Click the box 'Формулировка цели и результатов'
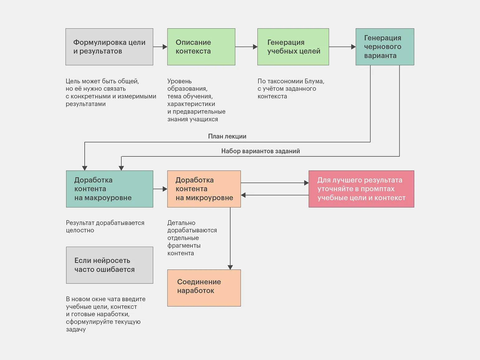pyautogui.click(x=109, y=47)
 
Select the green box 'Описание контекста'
pyautogui.click(x=201, y=47)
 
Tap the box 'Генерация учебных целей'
pyautogui.click(x=293, y=47)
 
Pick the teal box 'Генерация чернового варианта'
pyautogui.click(x=385, y=47)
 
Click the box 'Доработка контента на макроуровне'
pyautogui.click(x=109, y=189)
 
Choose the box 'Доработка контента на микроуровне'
pyautogui.click(x=204, y=189)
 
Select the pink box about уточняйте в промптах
pyautogui.click(x=361, y=189)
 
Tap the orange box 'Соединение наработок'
pyautogui.click(x=204, y=288)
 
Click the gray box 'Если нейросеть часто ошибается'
pyautogui.click(x=109, y=265)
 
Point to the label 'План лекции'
pyautogui.click(x=227, y=136)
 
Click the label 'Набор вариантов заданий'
pyautogui.click(x=260, y=151)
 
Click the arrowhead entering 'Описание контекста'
pyautogui.click(x=165, y=47)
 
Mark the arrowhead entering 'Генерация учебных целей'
pyautogui.click(x=255, y=47)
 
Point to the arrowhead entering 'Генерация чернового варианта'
pyautogui.click(x=353, y=47)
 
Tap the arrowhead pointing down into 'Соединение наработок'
pyautogui.click(x=230, y=267)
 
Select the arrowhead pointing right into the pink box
pyautogui.click(x=306, y=183)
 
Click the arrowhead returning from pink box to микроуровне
pyautogui.click(x=243, y=195)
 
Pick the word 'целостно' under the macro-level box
pyautogui.click(x=80, y=230)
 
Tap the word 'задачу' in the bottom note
pyautogui.click(x=76, y=329)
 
